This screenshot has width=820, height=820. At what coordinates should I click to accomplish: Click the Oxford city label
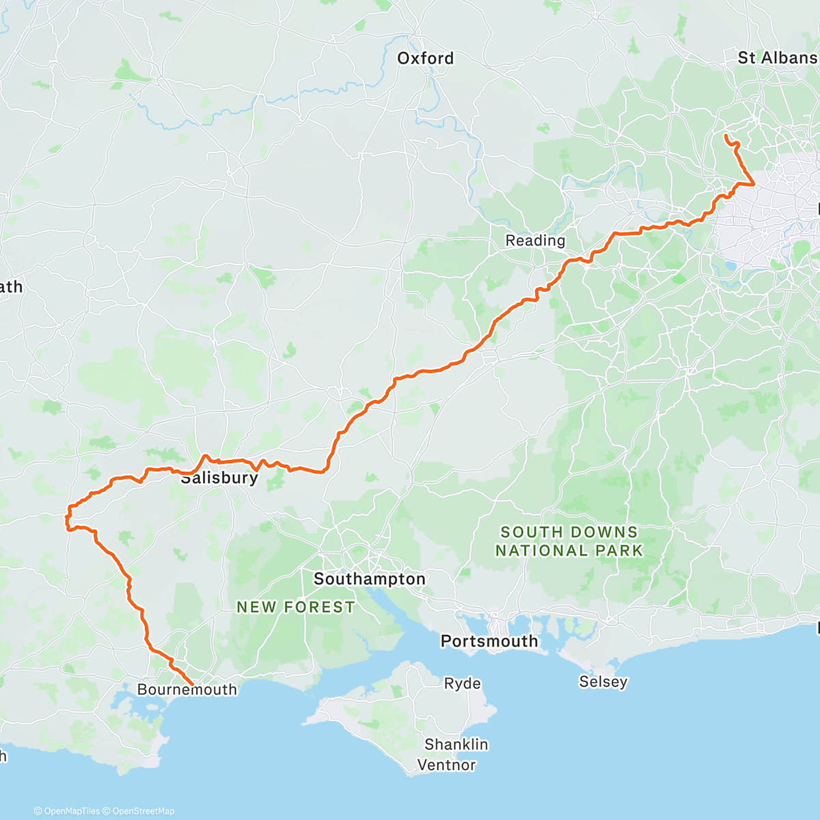(x=425, y=59)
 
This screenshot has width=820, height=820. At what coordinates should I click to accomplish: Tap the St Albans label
(x=777, y=58)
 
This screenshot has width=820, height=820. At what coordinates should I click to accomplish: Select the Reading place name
(x=535, y=241)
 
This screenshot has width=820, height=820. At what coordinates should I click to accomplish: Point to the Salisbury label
(x=219, y=478)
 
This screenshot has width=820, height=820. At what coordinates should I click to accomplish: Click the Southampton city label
(x=369, y=579)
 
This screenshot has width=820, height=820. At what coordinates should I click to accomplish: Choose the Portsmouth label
(x=489, y=641)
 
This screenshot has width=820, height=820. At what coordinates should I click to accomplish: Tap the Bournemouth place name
(x=187, y=689)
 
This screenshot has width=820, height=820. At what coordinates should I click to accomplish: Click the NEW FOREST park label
(x=295, y=607)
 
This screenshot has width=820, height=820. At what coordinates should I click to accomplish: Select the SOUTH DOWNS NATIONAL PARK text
(x=569, y=541)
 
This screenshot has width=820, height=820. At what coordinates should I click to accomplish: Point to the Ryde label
(x=462, y=683)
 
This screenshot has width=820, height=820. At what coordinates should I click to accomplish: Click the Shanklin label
(x=456, y=744)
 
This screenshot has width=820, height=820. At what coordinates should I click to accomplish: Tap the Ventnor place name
(x=446, y=765)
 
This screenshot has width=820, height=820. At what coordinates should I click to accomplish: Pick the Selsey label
(x=603, y=681)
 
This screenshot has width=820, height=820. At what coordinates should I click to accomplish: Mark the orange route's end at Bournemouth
(x=192, y=685)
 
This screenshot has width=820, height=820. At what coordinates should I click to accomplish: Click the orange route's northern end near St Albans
(x=725, y=135)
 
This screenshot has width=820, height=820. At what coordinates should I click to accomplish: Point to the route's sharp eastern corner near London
(x=754, y=184)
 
